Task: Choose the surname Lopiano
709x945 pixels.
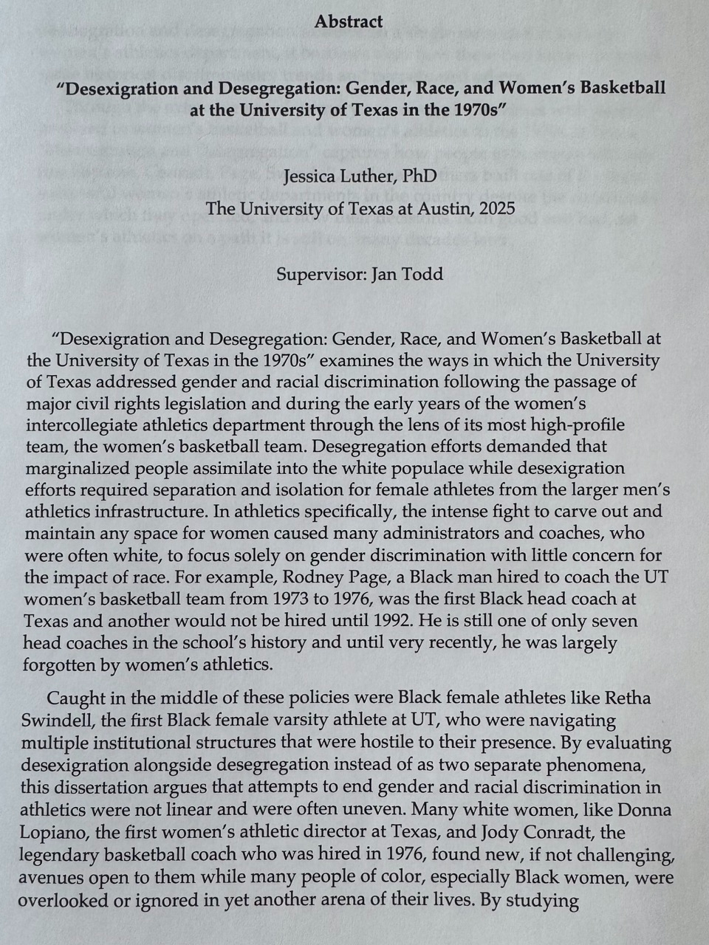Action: click(55, 834)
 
